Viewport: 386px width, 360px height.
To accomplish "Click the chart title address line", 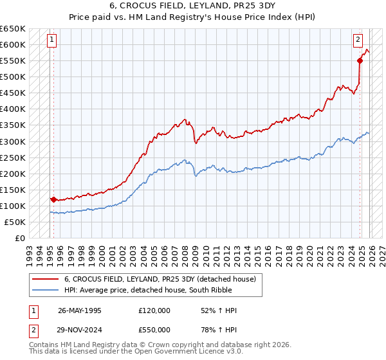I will pos(192,5).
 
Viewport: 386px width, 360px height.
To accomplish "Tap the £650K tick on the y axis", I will pos(13,29).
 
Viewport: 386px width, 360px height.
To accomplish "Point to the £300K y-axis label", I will pos(13,141).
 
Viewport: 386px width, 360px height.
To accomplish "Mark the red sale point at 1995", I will pos(53,199).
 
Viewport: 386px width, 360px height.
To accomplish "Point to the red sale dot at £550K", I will pos(360,60).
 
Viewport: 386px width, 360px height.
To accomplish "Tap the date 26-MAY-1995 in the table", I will pos(79,310).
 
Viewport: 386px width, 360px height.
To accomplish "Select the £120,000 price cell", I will pos(154,310).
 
